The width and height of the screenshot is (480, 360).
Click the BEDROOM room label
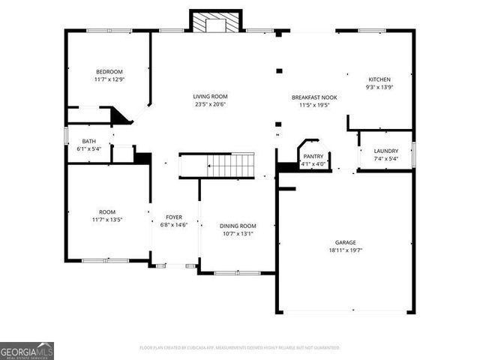109,72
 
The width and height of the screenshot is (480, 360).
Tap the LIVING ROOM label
210,97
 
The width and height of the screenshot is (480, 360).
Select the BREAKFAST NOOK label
314,97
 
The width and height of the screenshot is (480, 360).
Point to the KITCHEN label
379,79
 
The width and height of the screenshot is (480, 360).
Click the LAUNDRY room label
386,151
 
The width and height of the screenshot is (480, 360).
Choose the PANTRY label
313,156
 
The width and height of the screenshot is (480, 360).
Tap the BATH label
89,142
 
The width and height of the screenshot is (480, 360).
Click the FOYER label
174,217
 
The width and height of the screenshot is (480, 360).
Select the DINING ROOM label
238,226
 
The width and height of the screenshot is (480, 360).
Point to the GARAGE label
346,242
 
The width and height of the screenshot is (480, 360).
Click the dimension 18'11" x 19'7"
346,251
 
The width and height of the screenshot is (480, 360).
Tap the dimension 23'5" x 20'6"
210,105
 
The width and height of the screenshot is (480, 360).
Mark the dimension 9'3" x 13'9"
379,87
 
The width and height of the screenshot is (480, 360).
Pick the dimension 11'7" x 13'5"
108,220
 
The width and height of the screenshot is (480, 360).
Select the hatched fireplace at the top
217,22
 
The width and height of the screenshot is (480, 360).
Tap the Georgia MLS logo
27,351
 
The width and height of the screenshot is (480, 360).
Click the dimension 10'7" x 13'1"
238,233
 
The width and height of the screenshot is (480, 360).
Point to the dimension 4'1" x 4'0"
313,164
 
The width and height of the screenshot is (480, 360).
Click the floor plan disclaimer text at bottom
240,348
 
